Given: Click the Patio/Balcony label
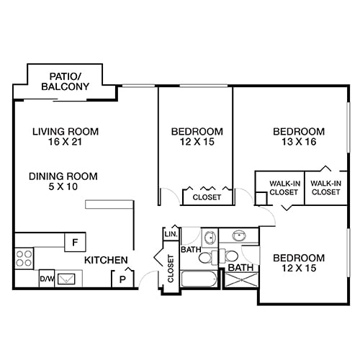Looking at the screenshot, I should (65, 81).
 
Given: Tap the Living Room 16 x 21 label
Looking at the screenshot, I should (65, 137).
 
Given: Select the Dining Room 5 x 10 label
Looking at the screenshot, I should (63, 181).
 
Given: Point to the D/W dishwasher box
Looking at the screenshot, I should (46, 278).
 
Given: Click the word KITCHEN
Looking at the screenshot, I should (107, 260).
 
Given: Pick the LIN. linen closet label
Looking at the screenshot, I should (171, 235).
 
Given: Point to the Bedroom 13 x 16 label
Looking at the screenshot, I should (298, 137).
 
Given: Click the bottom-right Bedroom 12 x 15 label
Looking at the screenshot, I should (298, 264).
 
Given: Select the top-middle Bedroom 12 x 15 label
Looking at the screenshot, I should (197, 137).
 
